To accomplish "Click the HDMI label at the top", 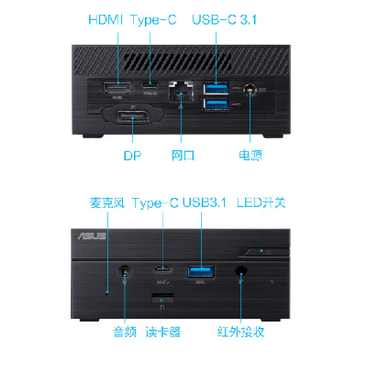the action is (105, 20).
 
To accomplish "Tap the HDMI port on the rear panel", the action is (117, 88).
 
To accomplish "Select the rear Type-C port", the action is (150, 84).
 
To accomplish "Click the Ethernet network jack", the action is (181, 91).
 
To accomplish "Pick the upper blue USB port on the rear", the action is (217, 88).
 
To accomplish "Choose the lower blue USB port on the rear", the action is (217, 104).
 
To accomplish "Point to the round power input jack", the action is (250, 90).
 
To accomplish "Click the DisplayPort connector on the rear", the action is (132, 118).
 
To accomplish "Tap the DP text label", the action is (132, 156).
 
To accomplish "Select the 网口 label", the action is (183, 155).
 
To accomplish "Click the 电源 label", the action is (250, 155).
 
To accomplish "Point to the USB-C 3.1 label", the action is (224, 20).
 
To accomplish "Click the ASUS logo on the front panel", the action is (92, 236).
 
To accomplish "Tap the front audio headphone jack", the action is (125, 270).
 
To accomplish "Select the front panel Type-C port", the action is (162, 269).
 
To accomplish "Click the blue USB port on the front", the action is (201, 271).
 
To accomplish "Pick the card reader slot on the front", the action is (162, 297).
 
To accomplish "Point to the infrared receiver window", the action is (241, 270).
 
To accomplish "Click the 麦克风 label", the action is (107, 203).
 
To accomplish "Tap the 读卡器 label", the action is (163, 332).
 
